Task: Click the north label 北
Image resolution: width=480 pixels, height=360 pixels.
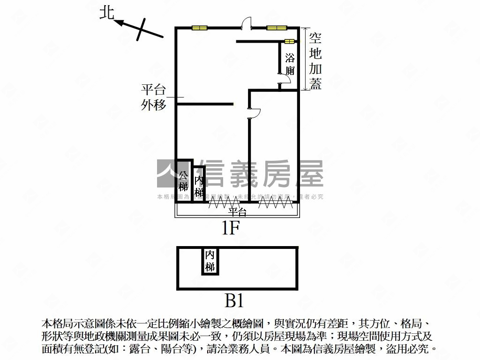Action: [x=107, y=13]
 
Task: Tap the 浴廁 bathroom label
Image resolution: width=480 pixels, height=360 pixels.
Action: [x=290, y=65]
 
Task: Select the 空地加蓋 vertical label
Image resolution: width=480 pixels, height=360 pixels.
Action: [x=315, y=60]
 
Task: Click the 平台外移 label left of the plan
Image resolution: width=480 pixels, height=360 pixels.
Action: [x=154, y=97]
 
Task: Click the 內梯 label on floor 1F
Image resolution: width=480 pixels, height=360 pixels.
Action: [x=199, y=186]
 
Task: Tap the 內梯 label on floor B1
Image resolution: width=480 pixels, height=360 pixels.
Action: [x=210, y=261]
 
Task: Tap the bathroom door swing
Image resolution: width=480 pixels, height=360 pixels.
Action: [x=285, y=80]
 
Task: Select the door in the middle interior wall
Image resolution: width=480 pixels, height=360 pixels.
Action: [x=253, y=113]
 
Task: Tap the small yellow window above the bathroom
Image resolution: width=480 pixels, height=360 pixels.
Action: [x=289, y=42]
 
